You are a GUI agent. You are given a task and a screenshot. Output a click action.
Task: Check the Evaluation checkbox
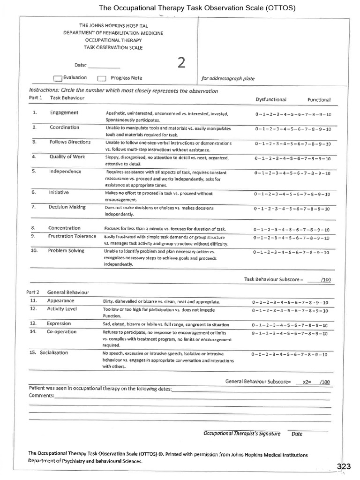[x=58, y=79]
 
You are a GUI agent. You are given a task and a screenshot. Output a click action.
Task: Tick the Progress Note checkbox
[x=102, y=79]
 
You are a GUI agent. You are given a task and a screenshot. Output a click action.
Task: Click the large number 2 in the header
[x=181, y=63]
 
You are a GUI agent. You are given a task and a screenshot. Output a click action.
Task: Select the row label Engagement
[x=64, y=113]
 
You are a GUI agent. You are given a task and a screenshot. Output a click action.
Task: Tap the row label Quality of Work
[x=67, y=157]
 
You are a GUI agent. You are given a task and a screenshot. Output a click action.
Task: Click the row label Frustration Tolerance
[x=72, y=236]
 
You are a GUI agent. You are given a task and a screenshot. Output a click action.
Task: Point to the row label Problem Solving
[x=66, y=251]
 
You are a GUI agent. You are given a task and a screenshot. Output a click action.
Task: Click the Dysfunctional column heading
[x=271, y=100]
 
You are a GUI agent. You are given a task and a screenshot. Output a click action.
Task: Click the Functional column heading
[x=319, y=100]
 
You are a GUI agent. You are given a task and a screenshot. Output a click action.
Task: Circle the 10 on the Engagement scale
[x=328, y=115]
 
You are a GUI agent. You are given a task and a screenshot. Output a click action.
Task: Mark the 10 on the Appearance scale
[x=325, y=302]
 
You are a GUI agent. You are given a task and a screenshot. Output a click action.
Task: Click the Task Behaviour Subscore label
[x=274, y=279]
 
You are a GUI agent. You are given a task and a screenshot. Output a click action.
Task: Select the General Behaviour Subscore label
[x=258, y=382]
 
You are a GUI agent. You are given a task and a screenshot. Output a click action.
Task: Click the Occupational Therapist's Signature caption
[x=242, y=434]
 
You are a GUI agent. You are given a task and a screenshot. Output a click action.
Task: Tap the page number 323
[x=344, y=466]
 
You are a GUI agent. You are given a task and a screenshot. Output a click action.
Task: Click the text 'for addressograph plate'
[x=228, y=79]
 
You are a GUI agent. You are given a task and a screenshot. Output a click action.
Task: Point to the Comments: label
[x=41, y=396]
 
